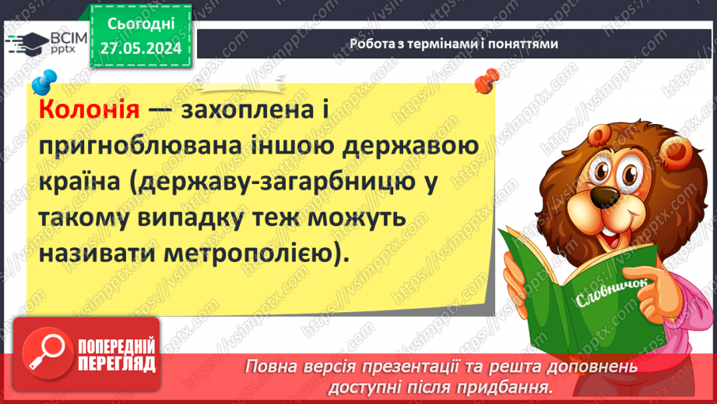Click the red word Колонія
click(88, 109)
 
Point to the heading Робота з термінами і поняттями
click(454, 44)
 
